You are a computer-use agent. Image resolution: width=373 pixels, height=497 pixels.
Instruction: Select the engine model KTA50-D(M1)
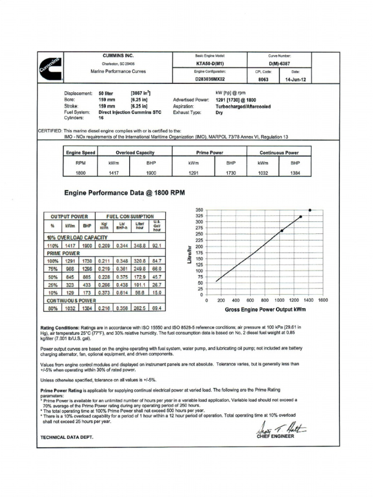(210, 64)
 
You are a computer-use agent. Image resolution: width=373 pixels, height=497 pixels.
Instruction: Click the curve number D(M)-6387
(279, 64)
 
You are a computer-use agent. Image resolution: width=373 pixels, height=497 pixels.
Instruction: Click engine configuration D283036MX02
(210, 79)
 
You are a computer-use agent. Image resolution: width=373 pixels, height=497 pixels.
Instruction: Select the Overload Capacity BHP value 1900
(151, 173)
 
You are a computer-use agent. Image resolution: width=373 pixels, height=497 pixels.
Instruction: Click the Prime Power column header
(209, 152)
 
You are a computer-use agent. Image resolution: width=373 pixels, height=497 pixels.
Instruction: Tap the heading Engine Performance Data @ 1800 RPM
(125, 193)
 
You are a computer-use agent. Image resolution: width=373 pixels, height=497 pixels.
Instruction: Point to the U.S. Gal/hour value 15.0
(157, 293)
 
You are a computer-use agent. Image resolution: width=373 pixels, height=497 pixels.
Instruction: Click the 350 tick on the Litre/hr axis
(199, 210)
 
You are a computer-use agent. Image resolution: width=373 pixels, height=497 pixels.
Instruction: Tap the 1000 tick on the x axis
(280, 300)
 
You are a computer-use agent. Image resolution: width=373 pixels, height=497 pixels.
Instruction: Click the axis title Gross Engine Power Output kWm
(265, 309)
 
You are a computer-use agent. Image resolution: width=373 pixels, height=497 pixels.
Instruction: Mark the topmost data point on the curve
(310, 210)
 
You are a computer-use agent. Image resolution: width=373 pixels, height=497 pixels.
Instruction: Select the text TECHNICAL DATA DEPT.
(67, 437)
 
